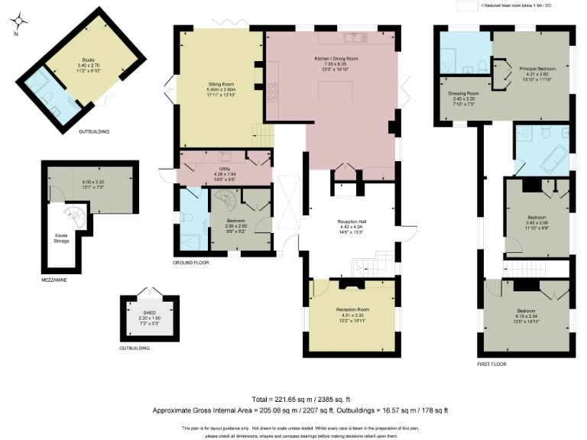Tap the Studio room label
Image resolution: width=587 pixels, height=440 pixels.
[88, 60]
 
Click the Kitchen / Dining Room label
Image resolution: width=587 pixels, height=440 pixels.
[336, 59]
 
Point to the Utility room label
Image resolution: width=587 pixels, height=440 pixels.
[224, 172]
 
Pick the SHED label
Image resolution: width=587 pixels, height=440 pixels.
[150, 312]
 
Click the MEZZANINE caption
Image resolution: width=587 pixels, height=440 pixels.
[54, 280]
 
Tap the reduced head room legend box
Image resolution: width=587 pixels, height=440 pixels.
[465, 5]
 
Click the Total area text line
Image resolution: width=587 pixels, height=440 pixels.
[293, 399]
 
